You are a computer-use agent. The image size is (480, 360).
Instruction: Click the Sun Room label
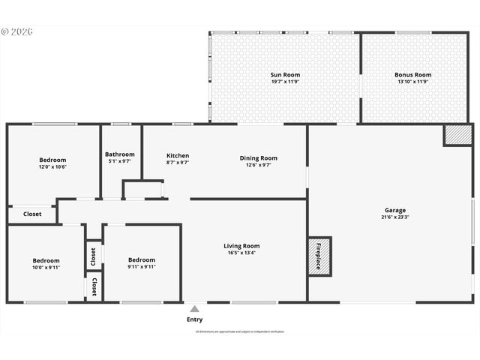(x=284, y=75)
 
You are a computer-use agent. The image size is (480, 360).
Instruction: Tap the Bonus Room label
(x=413, y=75)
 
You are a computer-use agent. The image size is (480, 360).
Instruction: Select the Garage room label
(x=395, y=211)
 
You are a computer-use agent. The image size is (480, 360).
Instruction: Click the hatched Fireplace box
(x=318, y=256)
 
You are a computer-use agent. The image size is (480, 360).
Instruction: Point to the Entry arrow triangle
(x=194, y=308)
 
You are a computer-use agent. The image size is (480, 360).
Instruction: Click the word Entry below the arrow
(x=194, y=319)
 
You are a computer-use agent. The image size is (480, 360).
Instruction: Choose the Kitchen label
(x=178, y=156)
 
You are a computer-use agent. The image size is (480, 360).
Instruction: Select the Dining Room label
(x=259, y=158)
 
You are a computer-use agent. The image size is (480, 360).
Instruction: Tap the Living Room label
(x=241, y=246)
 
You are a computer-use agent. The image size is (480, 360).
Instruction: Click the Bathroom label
(x=120, y=154)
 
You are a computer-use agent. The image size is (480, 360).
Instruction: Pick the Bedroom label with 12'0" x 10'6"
(x=52, y=160)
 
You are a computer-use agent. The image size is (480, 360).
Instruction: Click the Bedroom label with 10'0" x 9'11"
(x=46, y=260)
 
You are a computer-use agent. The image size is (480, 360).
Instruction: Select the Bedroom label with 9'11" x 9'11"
(x=142, y=260)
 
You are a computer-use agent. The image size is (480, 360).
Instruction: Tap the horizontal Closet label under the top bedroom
(x=32, y=214)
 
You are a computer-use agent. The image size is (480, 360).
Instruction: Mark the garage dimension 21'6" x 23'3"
(x=395, y=217)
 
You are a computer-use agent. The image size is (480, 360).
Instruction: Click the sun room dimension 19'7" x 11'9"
(x=284, y=82)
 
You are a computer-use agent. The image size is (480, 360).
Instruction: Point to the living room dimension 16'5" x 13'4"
(x=241, y=253)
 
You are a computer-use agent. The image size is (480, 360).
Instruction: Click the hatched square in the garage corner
(x=456, y=135)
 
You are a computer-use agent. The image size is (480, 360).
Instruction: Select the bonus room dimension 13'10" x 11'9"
(x=413, y=82)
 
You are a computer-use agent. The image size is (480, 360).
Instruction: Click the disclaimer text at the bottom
(x=240, y=331)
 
